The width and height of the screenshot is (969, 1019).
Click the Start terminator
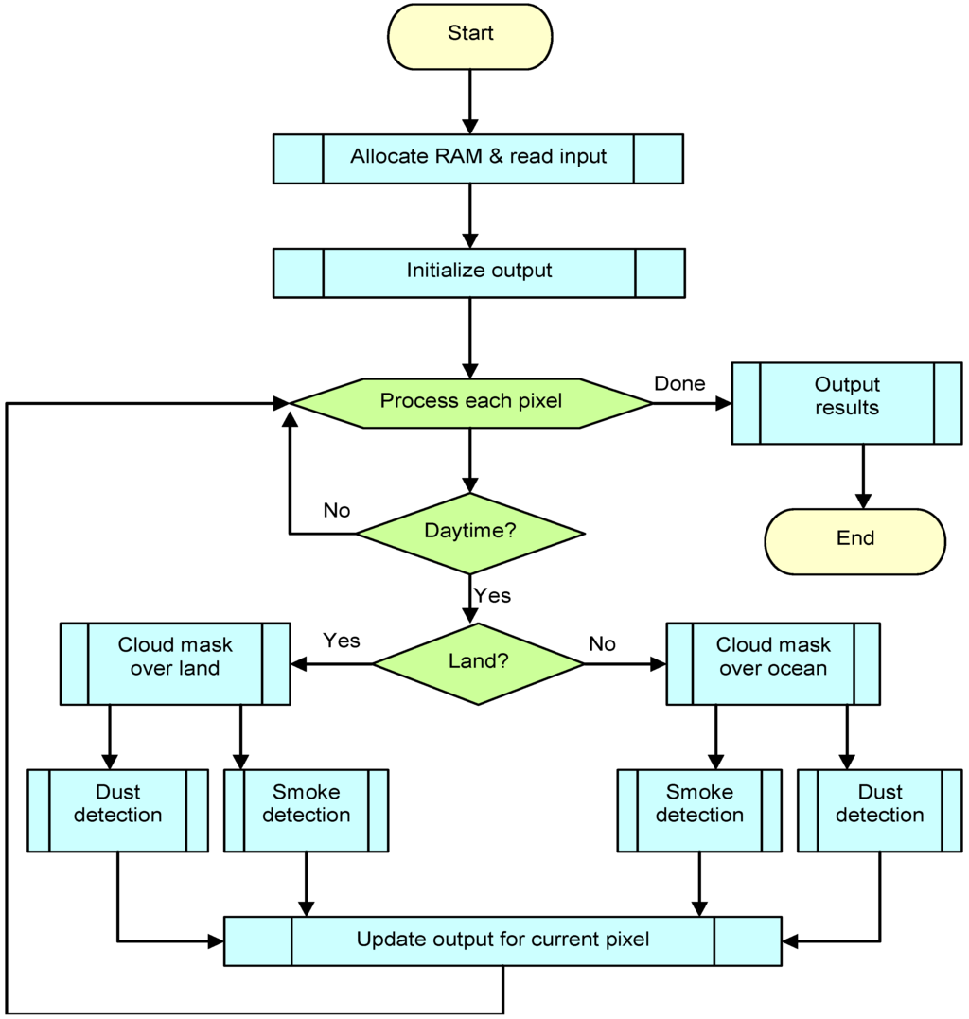point(469,36)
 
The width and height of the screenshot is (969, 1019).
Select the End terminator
point(854,540)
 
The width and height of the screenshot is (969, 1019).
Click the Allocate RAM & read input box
point(478,158)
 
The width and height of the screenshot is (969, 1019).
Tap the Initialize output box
point(478,272)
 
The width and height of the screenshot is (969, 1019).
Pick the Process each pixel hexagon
point(470,403)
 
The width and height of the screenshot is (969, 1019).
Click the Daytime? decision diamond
point(469,533)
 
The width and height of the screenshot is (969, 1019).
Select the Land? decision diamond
point(478,663)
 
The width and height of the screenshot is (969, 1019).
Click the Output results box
point(847,402)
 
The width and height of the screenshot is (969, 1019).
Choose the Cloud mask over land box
point(175,662)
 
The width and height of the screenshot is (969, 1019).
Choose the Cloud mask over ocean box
point(773,662)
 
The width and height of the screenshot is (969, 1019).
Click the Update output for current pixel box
point(502,940)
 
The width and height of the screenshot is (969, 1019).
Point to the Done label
point(679,383)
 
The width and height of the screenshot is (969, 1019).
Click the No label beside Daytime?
point(336,511)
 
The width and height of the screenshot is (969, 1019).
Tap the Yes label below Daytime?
point(492,595)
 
